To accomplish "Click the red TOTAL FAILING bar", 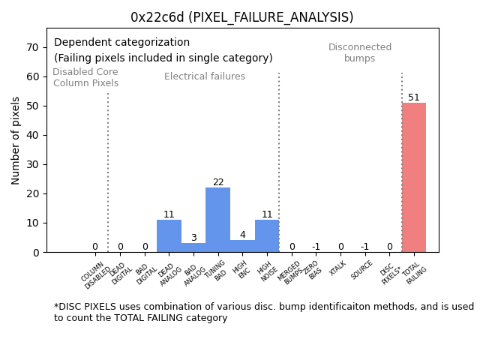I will point(413,177).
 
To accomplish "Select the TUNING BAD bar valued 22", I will point(217,220).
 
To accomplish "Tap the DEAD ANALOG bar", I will point(169,235).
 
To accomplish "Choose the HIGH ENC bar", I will point(242,246).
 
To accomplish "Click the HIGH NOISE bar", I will point(267,235).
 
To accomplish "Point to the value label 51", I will point(414,97).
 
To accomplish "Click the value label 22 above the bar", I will point(218,182).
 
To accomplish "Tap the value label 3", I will point(193,238).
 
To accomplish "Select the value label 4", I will point(242,235).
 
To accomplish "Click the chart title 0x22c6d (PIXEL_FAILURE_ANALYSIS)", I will point(241,17).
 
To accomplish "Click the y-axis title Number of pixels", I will point(16,140).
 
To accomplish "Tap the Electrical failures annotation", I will point(205,76).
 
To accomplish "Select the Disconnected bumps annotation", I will point(360,52).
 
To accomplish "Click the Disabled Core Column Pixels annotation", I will point(85,77).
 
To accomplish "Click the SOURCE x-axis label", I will point(362,270).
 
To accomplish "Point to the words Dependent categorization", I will point(121,43).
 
